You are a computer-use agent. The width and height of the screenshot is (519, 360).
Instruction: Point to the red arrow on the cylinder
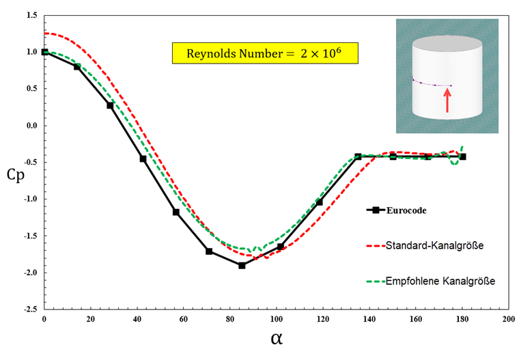click(x=447, y=100)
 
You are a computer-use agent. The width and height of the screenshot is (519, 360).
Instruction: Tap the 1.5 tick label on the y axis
click(x=31, y=14)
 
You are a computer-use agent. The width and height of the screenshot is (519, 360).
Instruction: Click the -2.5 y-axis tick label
click(x=29, y=309)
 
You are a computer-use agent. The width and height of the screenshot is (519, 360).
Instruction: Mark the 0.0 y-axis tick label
click(x=31, y=126)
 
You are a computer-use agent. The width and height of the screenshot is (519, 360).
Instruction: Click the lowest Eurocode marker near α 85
click(x=242, y=265)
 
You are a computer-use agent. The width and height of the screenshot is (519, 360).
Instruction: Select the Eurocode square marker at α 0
click(x=45, y=52)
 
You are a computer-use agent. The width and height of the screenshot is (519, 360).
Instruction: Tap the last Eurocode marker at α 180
click(x=462, y=156)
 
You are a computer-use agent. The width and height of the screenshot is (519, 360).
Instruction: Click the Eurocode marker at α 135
click(x=358, y=156)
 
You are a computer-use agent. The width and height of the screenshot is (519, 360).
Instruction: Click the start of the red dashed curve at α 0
click(x=45, y=33)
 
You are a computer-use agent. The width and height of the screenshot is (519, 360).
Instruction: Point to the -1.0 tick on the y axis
click(x=29, y=199)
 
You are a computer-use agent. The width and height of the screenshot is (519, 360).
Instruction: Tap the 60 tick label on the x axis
click(x=184, y=320)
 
